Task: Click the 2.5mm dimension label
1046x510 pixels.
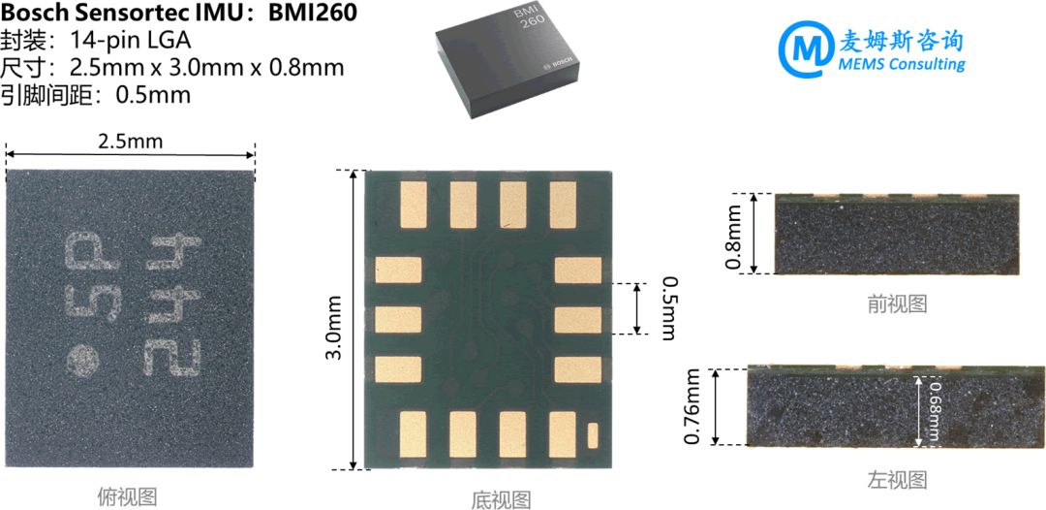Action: (x=131, y=142)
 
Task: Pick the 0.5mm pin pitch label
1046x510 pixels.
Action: (x=668, y=308)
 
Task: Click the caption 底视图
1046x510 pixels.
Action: (x=502, y=499)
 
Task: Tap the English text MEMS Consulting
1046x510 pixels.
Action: (x=903, y=65)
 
